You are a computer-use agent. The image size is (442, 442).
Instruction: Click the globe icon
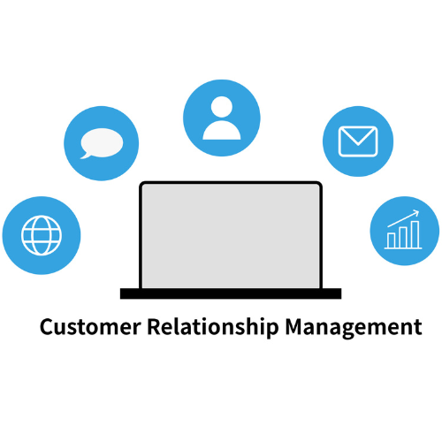click(42, 235)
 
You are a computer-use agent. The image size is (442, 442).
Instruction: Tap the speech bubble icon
click(102, 143)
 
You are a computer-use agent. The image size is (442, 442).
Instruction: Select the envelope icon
click(358, 141)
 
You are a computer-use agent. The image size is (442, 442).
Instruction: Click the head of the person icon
click(222, 107)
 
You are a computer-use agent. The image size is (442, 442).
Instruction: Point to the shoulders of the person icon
click(222, 130)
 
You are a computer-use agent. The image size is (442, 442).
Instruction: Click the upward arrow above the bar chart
click(403, 218)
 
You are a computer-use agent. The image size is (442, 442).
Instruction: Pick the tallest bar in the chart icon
click(415, 234)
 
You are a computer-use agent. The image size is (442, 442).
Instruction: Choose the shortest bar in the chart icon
click(392, 240)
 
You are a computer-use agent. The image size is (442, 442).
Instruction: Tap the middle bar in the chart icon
click(403, 237)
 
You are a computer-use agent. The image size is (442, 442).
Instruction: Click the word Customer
click(90, 327)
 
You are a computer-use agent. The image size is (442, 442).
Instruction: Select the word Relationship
click(213, 328)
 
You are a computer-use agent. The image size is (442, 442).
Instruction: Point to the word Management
click(354, 328)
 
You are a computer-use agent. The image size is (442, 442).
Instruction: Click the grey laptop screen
click(231, 236)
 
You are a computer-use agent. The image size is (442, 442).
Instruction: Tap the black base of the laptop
click(231, 293)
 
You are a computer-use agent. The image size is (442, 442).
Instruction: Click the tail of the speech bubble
click(86, 156)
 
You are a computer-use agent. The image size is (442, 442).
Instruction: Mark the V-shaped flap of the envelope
click(358, 137)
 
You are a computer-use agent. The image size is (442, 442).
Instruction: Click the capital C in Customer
click(48, 327)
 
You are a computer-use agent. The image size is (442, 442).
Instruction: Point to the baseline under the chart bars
click(403, 248)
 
